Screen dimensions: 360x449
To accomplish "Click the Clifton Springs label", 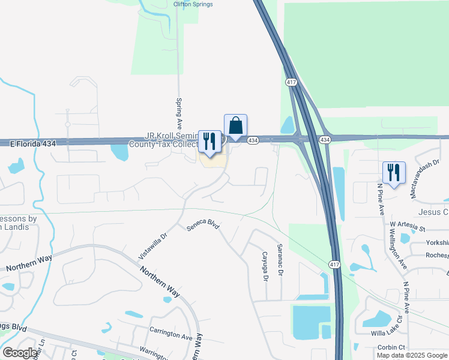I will pos(193,4).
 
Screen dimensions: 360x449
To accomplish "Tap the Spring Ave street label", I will pos(179,109).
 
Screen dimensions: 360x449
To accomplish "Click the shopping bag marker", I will pos(236,126).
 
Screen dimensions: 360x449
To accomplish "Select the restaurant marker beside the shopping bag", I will pos(209,142).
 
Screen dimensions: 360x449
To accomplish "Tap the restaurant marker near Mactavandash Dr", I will pos(394,173).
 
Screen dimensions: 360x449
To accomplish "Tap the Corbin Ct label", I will pos(391,347).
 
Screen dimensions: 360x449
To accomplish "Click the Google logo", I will pos(20,353).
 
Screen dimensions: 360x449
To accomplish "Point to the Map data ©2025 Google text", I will pos(412,355).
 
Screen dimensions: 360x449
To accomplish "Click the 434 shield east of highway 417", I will pos(325,140).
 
